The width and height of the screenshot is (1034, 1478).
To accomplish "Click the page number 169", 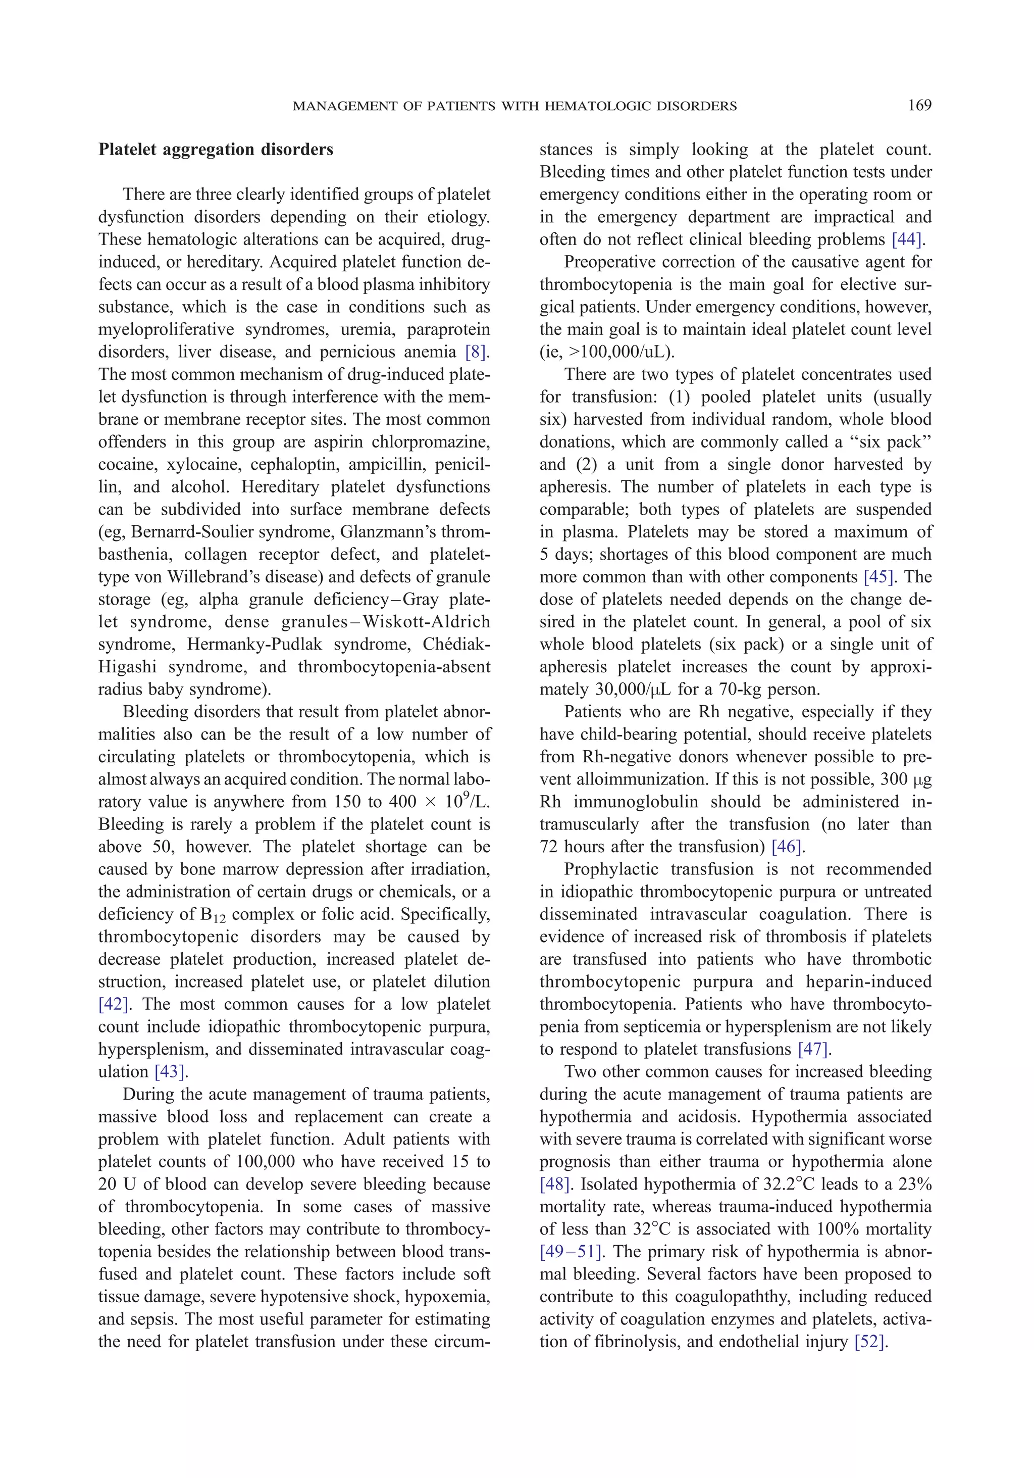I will pyautogui.click(x=919, y=106).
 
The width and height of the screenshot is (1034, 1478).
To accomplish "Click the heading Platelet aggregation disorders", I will pyautogui.click(x=216, y=150).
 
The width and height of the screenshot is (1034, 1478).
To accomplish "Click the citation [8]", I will pyautogui.click(x=476, y=352).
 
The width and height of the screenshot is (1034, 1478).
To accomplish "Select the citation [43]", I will pyautogui.click(x=170, y=1072).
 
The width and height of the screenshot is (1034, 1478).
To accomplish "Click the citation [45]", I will pyautogui.click(x=880, y=577).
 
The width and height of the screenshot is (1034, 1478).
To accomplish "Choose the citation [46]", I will pyautogui.click(x=786, y=847).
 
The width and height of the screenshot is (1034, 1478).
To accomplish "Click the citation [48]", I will pyautogui.click(x=555, y=1185).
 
